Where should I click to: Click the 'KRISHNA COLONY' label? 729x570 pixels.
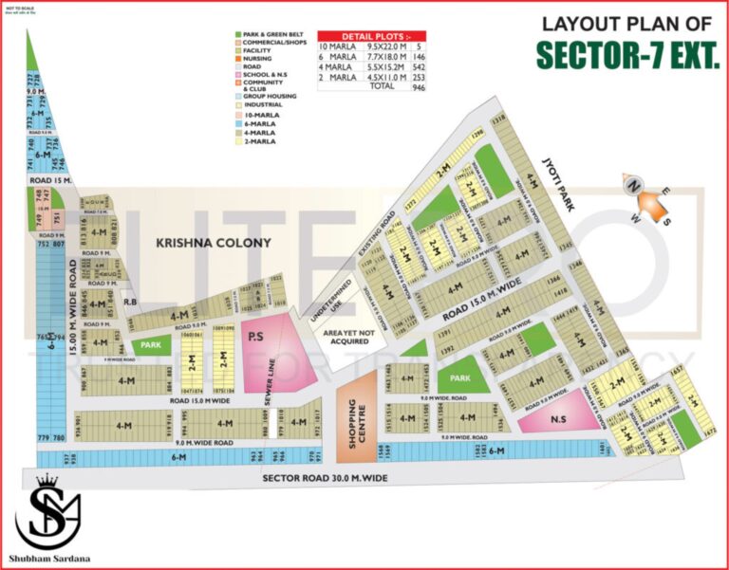click(215, 243)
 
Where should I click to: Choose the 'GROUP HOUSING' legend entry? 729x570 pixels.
click(271, 96)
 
